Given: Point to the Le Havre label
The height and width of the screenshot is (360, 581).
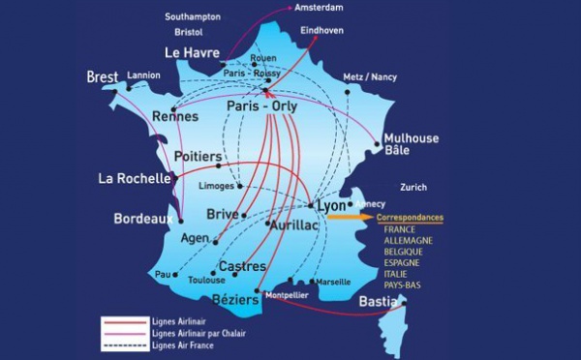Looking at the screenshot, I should (193, 51).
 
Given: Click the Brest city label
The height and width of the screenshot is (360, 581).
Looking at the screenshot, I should (102, 76).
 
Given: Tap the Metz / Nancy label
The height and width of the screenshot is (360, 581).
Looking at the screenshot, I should (370, 77).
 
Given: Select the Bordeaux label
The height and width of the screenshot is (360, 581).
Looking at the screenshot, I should (142, 219).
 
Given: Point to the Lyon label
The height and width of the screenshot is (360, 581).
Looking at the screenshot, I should (330, 206).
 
